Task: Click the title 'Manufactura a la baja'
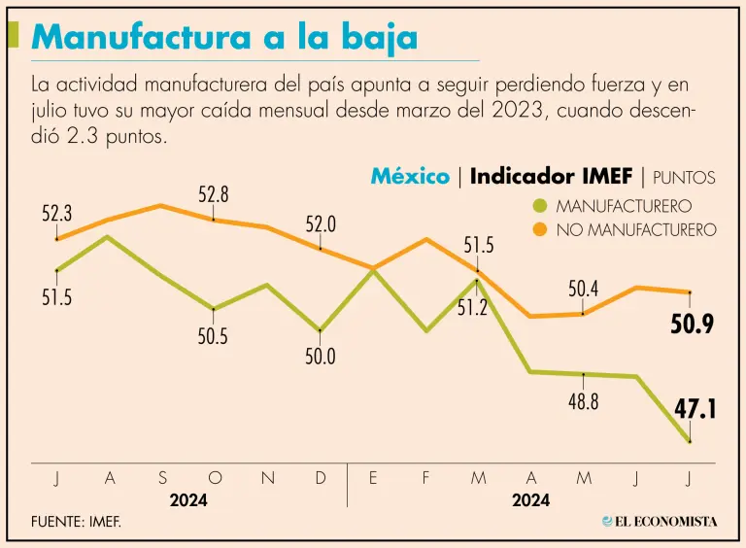pyautogui.click(x=224, y=38)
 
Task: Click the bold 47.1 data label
pyautogui.click(x=695, y=409)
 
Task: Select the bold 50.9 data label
pyautogui.click(x=693, y=325)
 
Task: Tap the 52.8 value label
pyautogui.click(x=214, y=194)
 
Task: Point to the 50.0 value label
pyautogui.click(x=321, y=357)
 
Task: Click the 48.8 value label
pyautogui.click(x=583, y=401)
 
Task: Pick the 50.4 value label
pyautogui.click(x=583, y=289)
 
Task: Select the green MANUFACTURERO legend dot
pyautogui.click(x=540, y=206)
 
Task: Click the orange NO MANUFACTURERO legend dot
pyautogui.click(x=540, y=230)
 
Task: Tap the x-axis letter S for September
pyautogui.click(x=162, y=477)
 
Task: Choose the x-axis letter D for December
pyautogui.click(x=321, y=477)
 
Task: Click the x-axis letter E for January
pyautogui.click(x=373, y=477)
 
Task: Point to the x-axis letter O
pyautogui.click(x=215, y=477)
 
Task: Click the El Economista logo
pyautogui.click(x=661, y=522)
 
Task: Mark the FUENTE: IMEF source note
pyautogui.click(x=77, y=523)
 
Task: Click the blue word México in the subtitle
pyautogui.click(x=410, y=176)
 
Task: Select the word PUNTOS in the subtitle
pyautogui.click(x=684, y=177)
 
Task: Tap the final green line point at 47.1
pyautogui.click(x=690, y=442)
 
